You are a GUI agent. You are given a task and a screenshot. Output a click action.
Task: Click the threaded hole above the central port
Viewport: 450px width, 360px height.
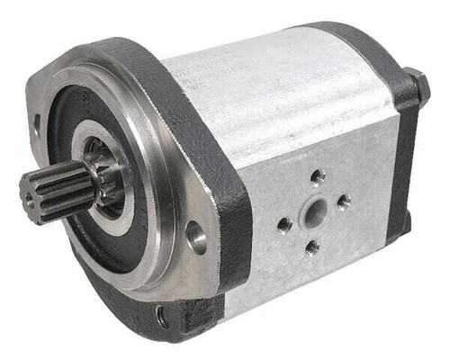[x=317, y=177]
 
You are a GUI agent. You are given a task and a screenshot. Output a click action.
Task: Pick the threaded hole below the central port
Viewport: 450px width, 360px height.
[x=311, y=246]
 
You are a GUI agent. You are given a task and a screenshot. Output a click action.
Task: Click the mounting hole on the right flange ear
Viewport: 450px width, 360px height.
[x=195, y=238]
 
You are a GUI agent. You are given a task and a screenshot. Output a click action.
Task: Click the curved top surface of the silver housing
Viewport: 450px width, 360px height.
[x=279, y=81]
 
